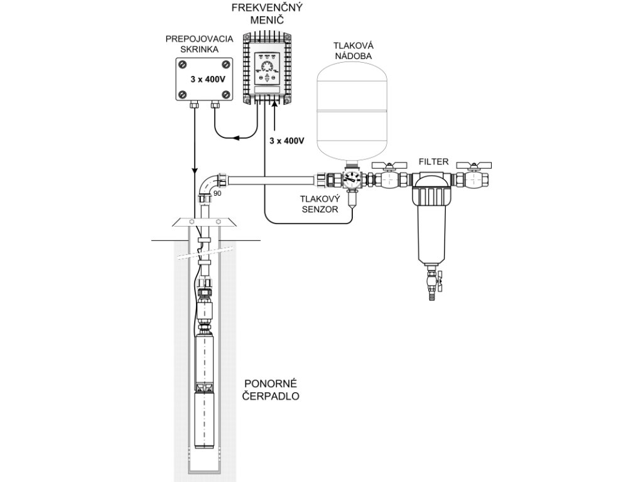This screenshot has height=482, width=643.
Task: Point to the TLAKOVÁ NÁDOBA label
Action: (352, 50)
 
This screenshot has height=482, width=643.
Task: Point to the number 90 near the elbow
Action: (218, 193)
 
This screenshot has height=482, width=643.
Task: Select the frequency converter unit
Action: (268, 68)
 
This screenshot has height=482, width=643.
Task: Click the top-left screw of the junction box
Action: (182, 64)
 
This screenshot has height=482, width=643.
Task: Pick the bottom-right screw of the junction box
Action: (225, 94)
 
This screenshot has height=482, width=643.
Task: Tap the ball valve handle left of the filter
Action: (385, 166)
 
